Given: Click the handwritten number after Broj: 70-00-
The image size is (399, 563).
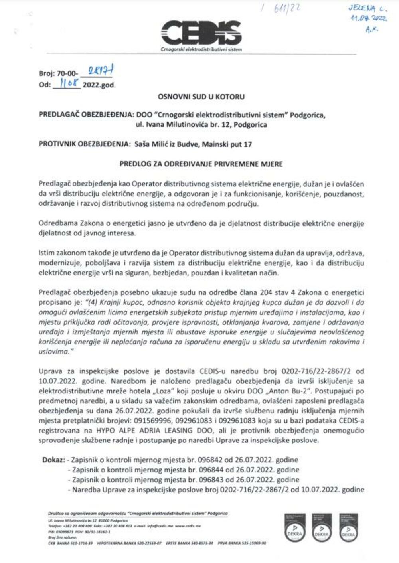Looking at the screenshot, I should (96, 72).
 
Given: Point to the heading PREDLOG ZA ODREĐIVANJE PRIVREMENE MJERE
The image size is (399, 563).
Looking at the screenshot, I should (201, 164).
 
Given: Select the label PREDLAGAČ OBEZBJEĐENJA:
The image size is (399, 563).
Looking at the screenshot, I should (86, 115).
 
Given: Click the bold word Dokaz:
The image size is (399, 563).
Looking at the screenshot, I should (53, 460).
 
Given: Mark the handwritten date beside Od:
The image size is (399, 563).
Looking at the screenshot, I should (67, 85).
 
